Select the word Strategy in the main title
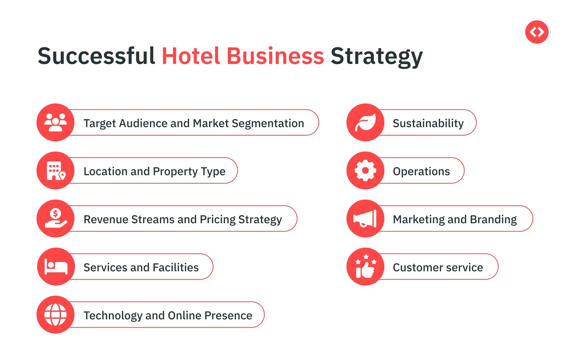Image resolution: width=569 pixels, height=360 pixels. coord(377,58)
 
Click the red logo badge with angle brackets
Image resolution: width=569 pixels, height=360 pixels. coord(537,32)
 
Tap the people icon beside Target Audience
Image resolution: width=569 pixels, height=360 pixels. coord(56,122)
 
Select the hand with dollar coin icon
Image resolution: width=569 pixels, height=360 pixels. coord(56,218)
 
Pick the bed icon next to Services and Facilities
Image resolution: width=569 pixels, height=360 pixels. coord(56,267)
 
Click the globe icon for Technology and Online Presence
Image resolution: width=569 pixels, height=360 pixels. coord(56,315)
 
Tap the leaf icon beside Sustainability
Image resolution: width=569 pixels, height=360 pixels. coord(366,122)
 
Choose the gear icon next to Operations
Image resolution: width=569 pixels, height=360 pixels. coord(365,170)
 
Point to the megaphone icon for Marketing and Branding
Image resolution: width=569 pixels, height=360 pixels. coord(365,218)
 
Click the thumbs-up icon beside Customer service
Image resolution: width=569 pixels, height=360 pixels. coord(366,266)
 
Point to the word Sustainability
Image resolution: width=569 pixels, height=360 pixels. coord(428,124)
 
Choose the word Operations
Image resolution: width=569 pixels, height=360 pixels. coord(421,172)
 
